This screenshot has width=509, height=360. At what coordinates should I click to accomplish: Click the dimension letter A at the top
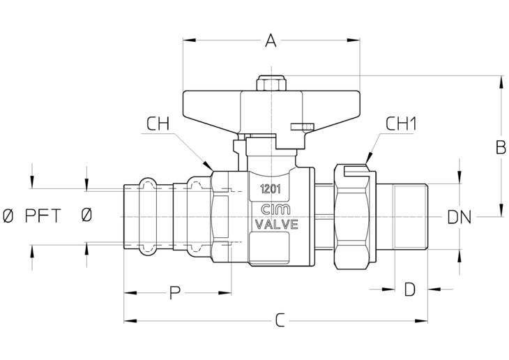tap(271, 40)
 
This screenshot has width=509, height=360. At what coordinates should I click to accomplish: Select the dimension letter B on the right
tap(501, 147)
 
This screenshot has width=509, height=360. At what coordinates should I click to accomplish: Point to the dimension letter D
tap(410, 289)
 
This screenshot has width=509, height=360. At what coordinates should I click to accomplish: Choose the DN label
tap(459, 217)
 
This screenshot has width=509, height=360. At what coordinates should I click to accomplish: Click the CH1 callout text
tap(401, 123)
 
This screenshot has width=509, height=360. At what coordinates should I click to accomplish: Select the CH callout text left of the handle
tap(158, 123)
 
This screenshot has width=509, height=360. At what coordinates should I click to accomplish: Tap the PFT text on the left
tap(43, 216)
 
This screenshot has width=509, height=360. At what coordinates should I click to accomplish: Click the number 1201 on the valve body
tap(271, 189)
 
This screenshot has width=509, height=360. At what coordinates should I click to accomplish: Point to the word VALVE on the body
tap(276, 225)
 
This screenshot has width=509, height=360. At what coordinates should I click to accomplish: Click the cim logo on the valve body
tap(276, 209)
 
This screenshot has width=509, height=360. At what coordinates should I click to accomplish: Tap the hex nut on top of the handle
tap(271, 83)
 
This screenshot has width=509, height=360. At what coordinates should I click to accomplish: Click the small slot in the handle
tap(302, 126)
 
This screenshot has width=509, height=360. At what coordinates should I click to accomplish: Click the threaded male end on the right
tap(411, 217)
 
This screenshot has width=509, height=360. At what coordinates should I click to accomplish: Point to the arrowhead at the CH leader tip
tap(208, 165)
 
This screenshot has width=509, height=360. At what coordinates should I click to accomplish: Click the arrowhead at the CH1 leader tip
tap(368, 158)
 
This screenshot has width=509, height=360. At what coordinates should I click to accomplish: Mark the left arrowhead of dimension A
tap(190, 40)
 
